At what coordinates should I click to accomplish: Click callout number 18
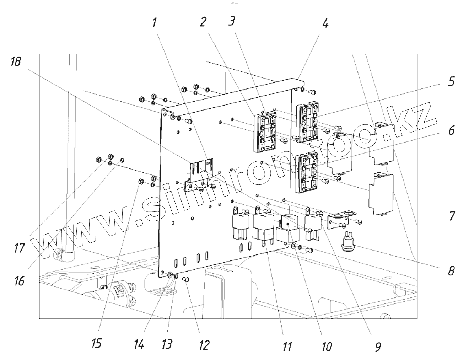(x=16, y=62)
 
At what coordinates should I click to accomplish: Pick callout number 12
(x=204, y=344)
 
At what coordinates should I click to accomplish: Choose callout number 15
(x=97, y=343)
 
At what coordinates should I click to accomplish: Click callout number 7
(x=451, y=216)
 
